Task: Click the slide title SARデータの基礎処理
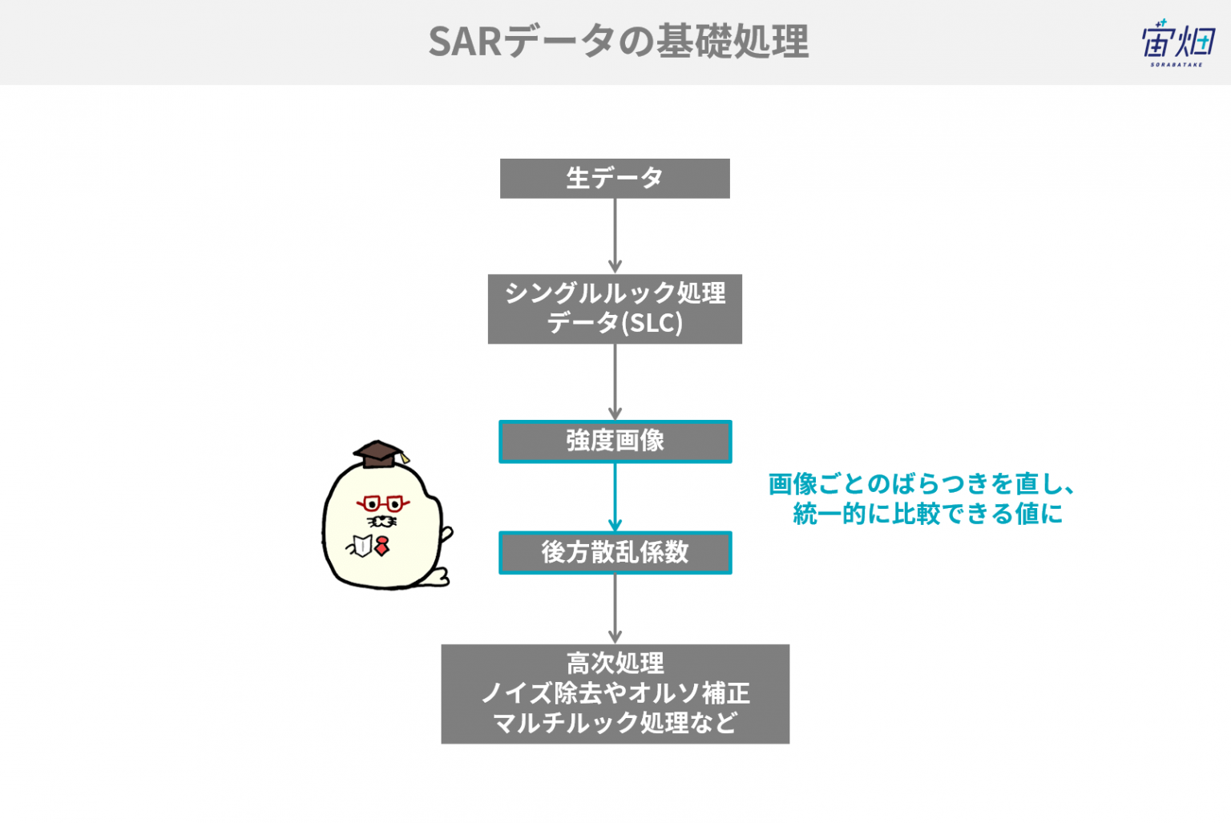click(618, 41)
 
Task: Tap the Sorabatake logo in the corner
click(1177, 42)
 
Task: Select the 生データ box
click(615, 179)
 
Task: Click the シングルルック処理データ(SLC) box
click(615, 309)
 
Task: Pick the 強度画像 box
click(615, 442)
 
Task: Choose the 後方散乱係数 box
click(615, 553)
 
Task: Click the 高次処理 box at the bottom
click(615, 694)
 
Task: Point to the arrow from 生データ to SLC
click(615, 236)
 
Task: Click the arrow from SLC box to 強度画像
click(615, 382)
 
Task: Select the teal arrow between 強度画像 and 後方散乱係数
click(615, 497)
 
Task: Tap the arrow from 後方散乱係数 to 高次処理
click(615, 609)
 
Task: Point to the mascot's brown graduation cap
click(379, 454)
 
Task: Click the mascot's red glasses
click(383, 503)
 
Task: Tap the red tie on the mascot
click(382, 546)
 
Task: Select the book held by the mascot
click(361, 545)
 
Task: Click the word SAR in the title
click(465, 42)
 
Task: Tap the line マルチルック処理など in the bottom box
click(615, 723)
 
